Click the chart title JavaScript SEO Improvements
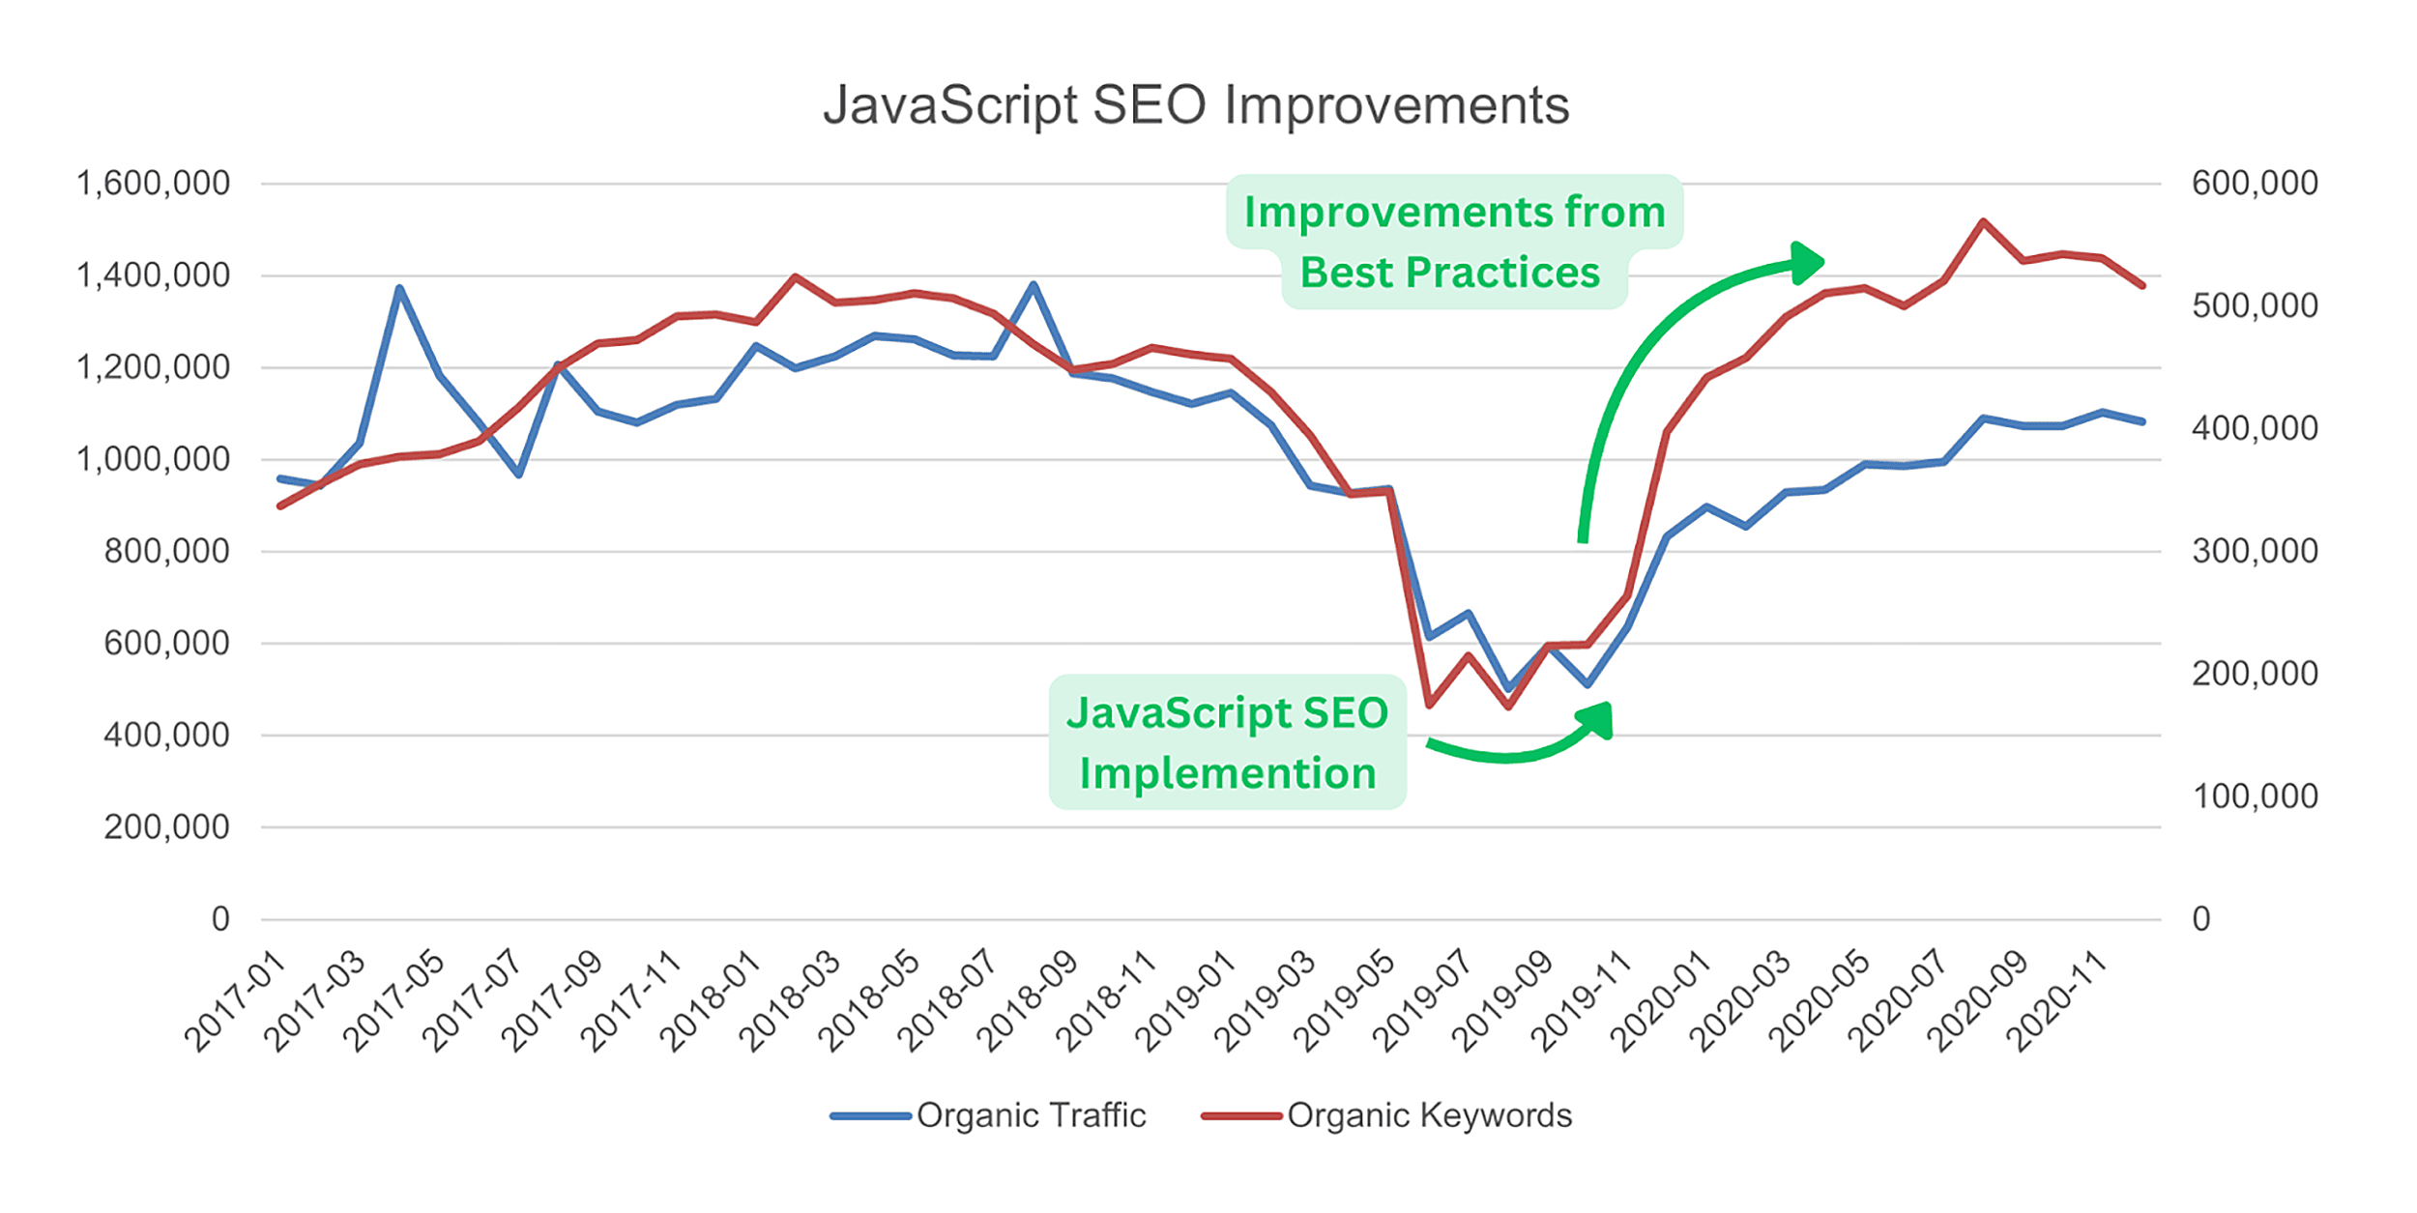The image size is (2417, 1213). [1196, 104]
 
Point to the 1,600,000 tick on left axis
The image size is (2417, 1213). [153, 183]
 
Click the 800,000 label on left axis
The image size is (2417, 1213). [166, 551]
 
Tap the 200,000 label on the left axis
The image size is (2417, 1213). [166, 826]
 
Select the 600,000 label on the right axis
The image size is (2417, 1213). [2255, 183]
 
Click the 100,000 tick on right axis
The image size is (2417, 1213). [2255, 795]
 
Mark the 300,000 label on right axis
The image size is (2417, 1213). [2255, 551]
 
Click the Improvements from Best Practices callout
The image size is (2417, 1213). [1453, 242]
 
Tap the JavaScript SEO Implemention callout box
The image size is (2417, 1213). [1227, 742]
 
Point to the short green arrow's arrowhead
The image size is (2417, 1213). [1598, 719]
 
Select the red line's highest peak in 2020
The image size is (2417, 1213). [1983, 221]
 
